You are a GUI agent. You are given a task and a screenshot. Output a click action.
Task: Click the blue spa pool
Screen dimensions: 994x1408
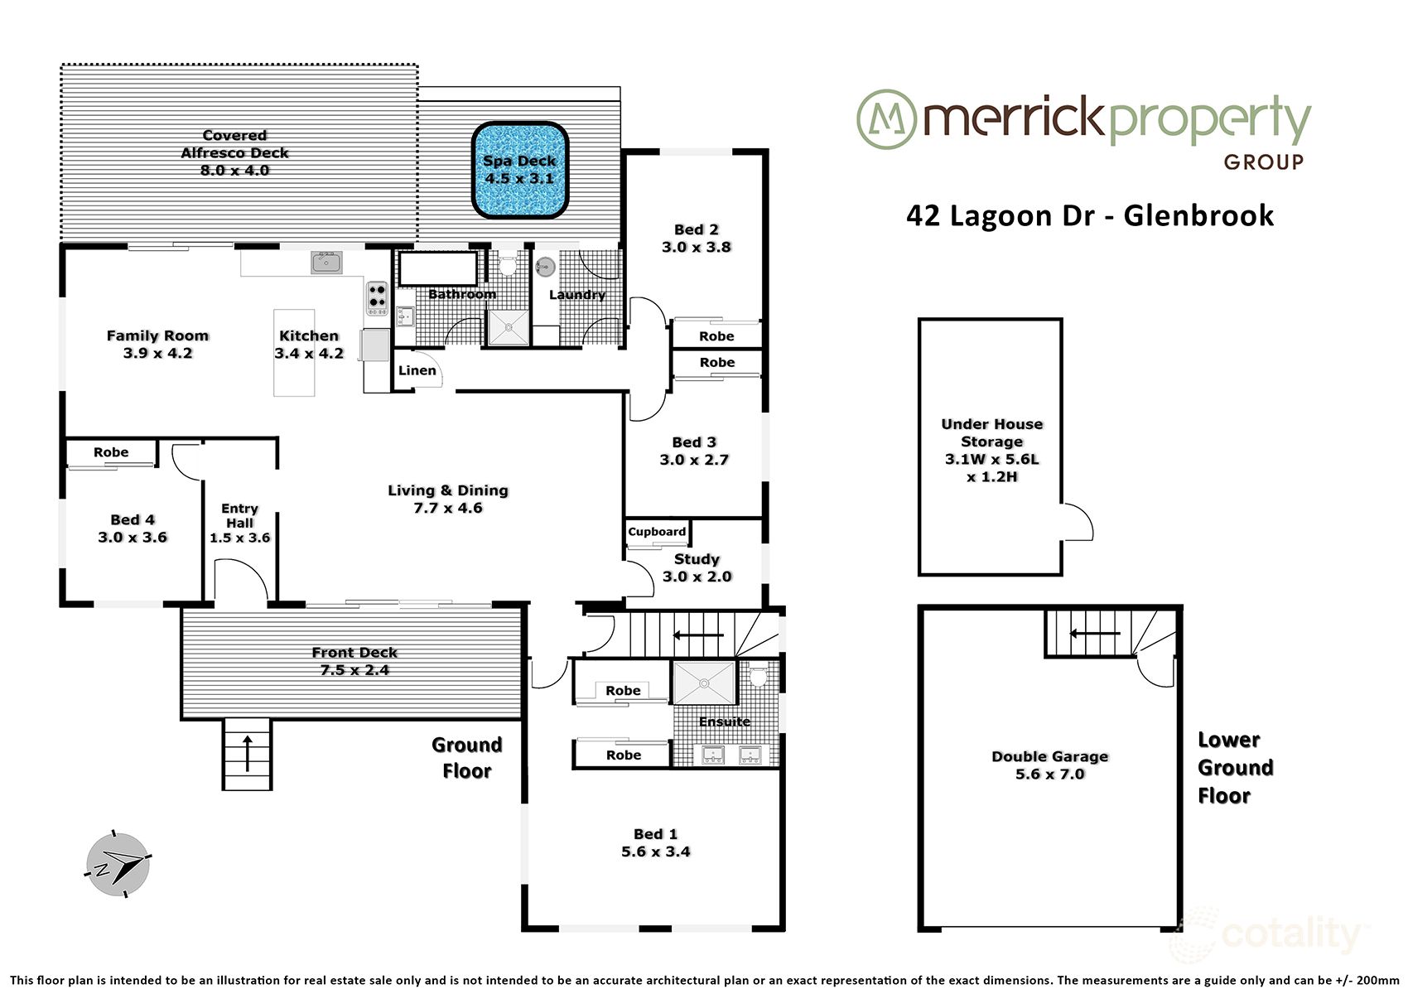[x=520, y=171]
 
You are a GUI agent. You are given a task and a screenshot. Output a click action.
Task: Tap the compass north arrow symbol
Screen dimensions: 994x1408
[x=118, y=864]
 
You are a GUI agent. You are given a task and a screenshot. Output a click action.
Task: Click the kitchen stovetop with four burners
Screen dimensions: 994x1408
[x=377, y=299]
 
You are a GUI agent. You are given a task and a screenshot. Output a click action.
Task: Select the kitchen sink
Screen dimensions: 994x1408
[x=326, y=263]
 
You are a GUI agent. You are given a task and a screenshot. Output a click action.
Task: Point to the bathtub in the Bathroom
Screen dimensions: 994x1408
[x=438, y=268]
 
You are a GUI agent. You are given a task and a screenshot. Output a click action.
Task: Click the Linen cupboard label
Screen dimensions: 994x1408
[x=417, y=370]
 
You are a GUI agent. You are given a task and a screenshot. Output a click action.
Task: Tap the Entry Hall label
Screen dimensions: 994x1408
[x=239, y=515]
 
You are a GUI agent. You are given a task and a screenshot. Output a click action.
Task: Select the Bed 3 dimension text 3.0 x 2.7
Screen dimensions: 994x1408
[x=694, y=460]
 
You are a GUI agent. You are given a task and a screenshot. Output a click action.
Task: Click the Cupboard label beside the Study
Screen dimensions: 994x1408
[x=657, y=532]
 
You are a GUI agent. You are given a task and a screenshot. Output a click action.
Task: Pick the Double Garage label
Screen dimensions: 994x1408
[x=1049, y=756]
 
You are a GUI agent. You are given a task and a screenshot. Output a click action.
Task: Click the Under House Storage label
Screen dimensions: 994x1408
[x=991, y=432]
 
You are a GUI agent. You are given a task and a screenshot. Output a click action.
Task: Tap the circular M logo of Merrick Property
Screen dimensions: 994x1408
[x=885, y=119]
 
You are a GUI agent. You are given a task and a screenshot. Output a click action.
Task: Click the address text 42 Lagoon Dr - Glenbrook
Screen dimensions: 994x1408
[x=1089, y=215]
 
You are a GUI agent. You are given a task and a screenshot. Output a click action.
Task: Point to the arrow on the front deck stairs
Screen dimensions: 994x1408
[x=247, y=750]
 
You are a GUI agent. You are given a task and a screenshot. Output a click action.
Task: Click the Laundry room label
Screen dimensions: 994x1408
[x=576, y=294]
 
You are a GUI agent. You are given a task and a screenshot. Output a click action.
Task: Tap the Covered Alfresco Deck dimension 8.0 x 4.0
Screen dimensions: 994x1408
[x=234, y=171]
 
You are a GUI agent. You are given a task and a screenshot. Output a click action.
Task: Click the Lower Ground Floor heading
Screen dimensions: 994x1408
[x=1235, y=768]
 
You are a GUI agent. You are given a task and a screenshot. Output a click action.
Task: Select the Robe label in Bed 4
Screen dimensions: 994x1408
[x=111, y=452]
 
